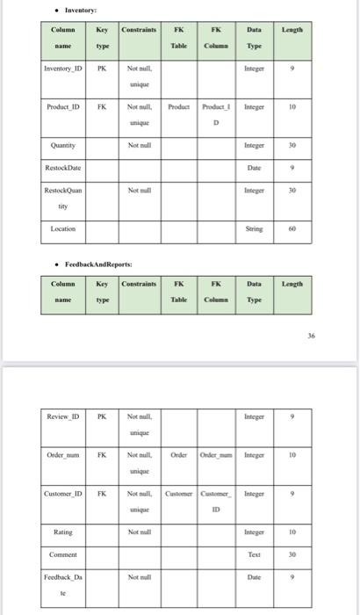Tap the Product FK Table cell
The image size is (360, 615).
(178, 105)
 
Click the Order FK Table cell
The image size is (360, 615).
(178, 455)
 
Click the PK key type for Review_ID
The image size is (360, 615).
(103, 416)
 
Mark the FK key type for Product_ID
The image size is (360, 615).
(103, 105)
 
